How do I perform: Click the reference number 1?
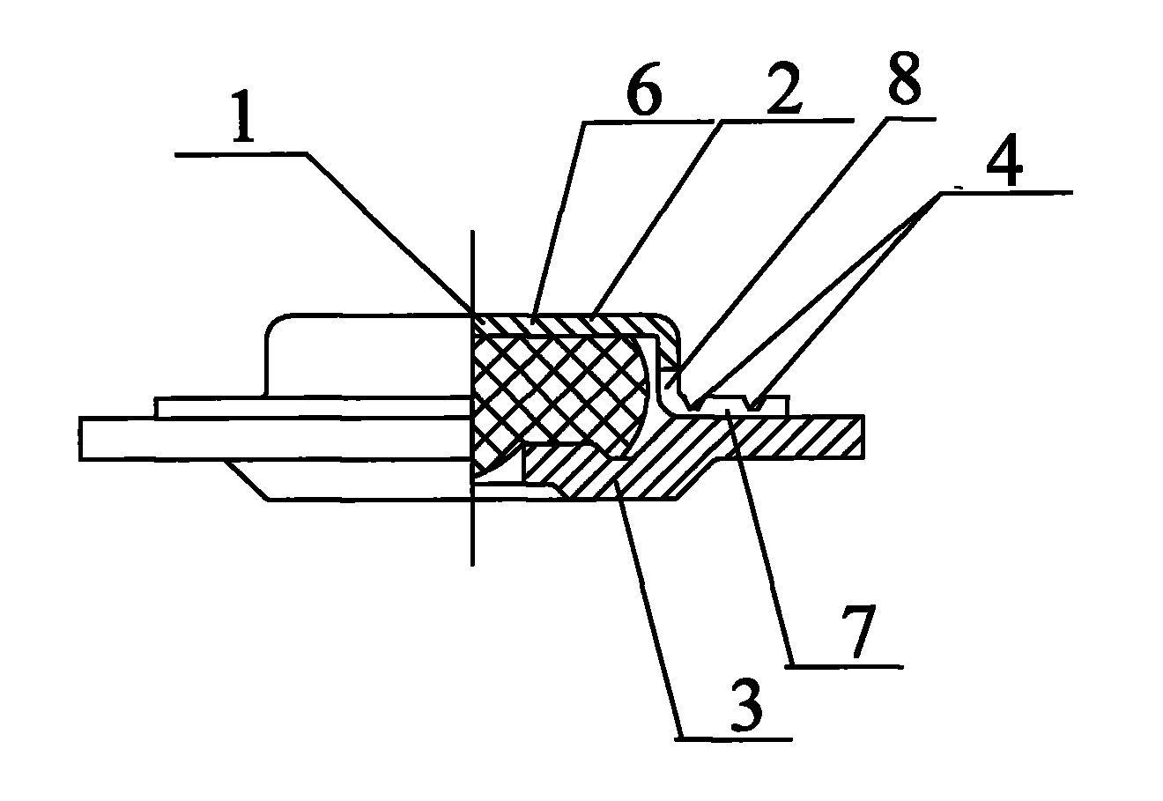tap(243, 116)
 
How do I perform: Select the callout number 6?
tap(644, 89)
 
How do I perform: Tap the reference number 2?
tap(783, 88)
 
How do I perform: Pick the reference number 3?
tap(746, 706)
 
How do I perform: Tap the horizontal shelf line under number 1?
tap(242, 153)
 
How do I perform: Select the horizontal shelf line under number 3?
tap(734, 738)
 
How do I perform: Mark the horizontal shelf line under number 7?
tap(844, 666)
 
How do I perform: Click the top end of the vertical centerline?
tap(472, 232)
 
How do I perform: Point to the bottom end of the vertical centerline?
tap(472, 565)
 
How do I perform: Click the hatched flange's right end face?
tap(863, 437)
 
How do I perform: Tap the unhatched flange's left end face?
tap(80, 439)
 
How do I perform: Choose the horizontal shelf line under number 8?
tap(911, 119)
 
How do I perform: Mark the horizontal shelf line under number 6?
tap(649, 122)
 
